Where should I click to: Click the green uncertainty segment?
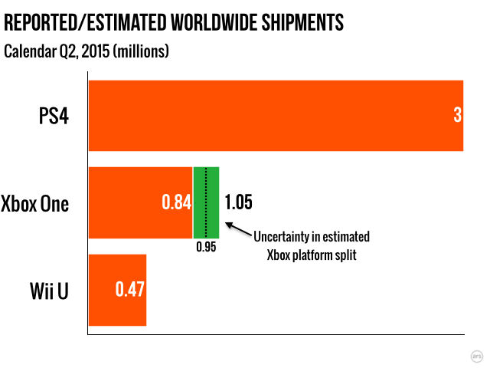[x=213, y=202]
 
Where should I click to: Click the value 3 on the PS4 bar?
[x=457, y=116]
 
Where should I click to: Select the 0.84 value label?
[x=175, y=203]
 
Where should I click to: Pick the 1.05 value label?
[x=237, y=203]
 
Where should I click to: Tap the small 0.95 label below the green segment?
[x=205, y=248]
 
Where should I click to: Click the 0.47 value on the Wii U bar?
[x=129, y=291]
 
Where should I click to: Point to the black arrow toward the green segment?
[x=239, y=229]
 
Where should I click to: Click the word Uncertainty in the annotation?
[x=287, y=237]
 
